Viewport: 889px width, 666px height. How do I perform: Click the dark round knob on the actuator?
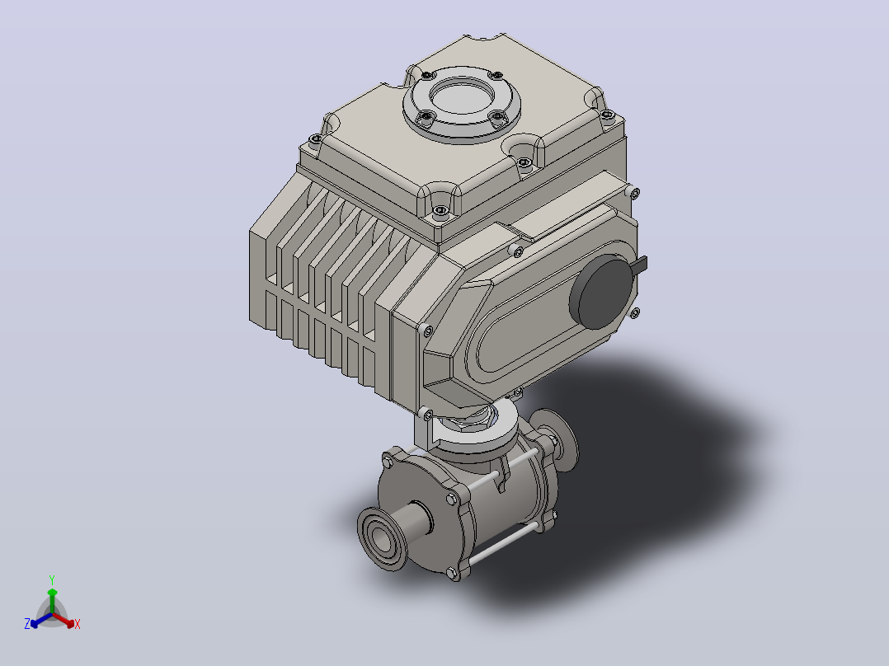602,291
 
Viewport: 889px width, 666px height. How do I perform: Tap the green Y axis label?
52,580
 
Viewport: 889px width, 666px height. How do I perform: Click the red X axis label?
78,624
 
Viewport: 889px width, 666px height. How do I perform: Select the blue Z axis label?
27,624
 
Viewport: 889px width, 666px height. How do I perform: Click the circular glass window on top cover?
462,96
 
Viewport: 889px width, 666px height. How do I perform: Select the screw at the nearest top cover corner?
441,211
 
